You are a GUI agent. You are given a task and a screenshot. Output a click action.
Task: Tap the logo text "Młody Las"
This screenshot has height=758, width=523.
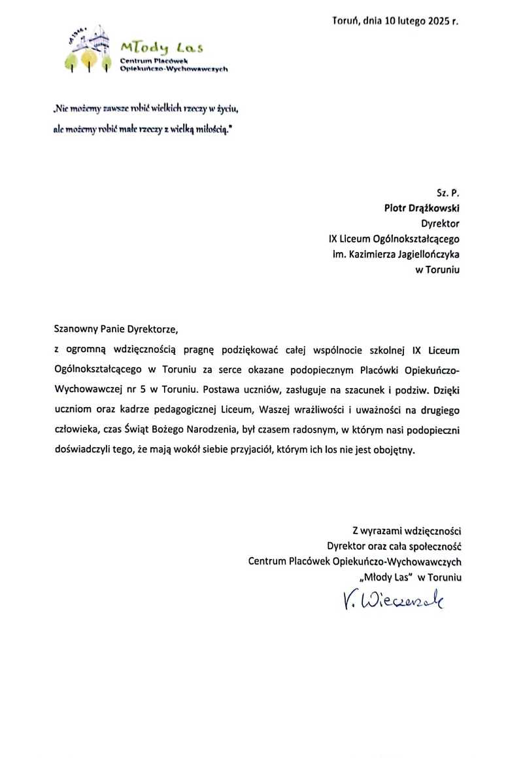(161, 47)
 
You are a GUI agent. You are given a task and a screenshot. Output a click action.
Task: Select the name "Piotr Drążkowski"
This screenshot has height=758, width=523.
(422, 208)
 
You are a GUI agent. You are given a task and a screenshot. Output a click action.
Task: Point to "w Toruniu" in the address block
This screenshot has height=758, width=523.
(438, 270)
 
